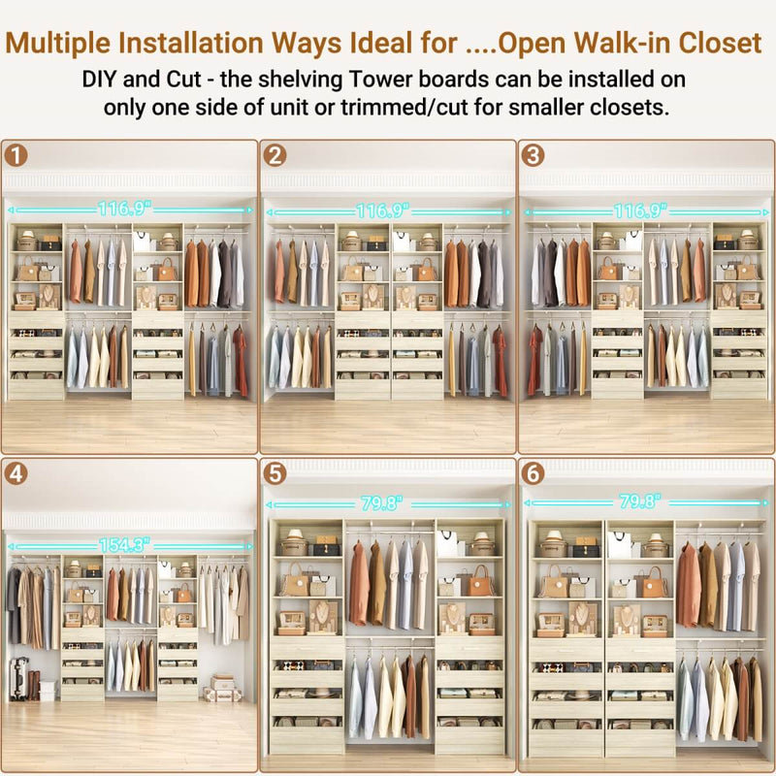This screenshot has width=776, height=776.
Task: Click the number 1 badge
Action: [16, 155]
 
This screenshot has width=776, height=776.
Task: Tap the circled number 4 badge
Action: [16, 473]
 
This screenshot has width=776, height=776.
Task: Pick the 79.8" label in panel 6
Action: [639, 501]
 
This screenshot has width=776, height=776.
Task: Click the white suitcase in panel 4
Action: [16, 677]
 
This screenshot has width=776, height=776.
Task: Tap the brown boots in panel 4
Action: [34, 684]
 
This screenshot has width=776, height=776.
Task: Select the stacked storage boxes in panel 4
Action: [222, 690]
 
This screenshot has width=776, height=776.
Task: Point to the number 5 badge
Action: [275, 473]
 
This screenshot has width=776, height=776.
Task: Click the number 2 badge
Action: [275, 155]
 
